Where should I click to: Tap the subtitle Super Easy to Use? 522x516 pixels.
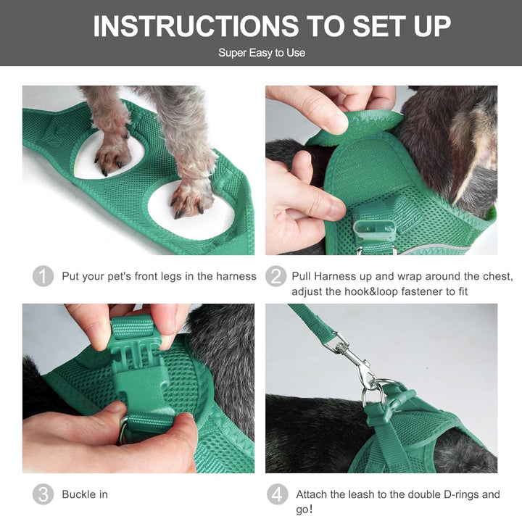262,53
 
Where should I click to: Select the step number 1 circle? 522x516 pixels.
43,276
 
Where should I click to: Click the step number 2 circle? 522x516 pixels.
275,276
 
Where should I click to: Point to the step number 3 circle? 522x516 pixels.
43,494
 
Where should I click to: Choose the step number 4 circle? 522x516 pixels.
277,494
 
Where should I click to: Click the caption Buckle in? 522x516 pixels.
85,494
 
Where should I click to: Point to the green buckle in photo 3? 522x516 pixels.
140,370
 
